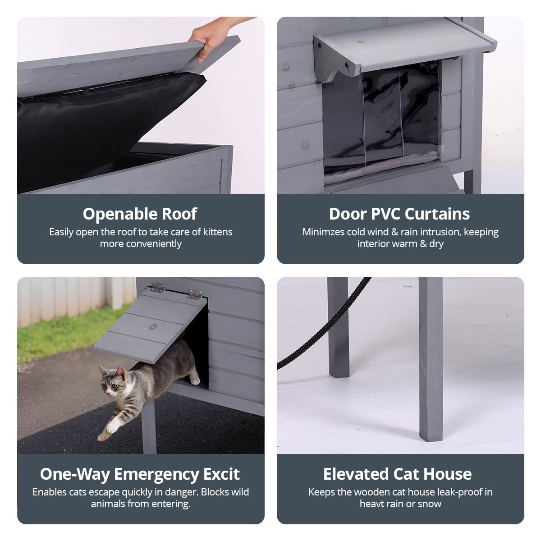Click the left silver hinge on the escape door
coord(158,287)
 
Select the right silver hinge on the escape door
coord(195,294)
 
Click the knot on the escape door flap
coord(153,326)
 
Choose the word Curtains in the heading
coord(437,214)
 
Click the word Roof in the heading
coord(179,214)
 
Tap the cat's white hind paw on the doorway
coord(195,381)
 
